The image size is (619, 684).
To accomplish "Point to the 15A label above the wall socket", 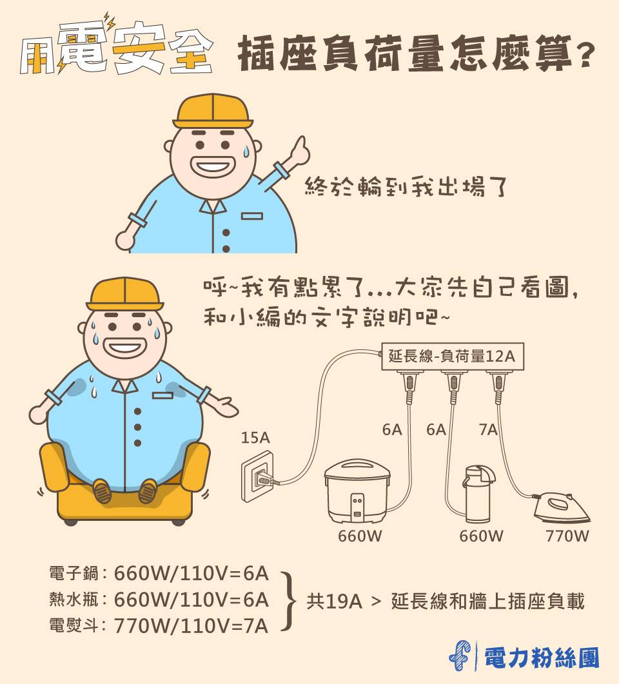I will [255, 438].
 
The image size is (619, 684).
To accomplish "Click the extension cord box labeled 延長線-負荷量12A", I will [451, 356].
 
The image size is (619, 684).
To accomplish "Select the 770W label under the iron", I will [567, 536].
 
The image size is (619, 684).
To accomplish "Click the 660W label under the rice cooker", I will [360, 536].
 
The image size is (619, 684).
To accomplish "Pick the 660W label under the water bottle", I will [481, 536].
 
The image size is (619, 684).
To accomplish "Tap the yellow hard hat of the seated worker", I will [123, 294].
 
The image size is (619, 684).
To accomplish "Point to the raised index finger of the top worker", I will [299, 144].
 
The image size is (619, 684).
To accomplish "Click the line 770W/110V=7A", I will [191, 625].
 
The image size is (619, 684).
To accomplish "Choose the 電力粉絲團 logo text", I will [542, 657].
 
